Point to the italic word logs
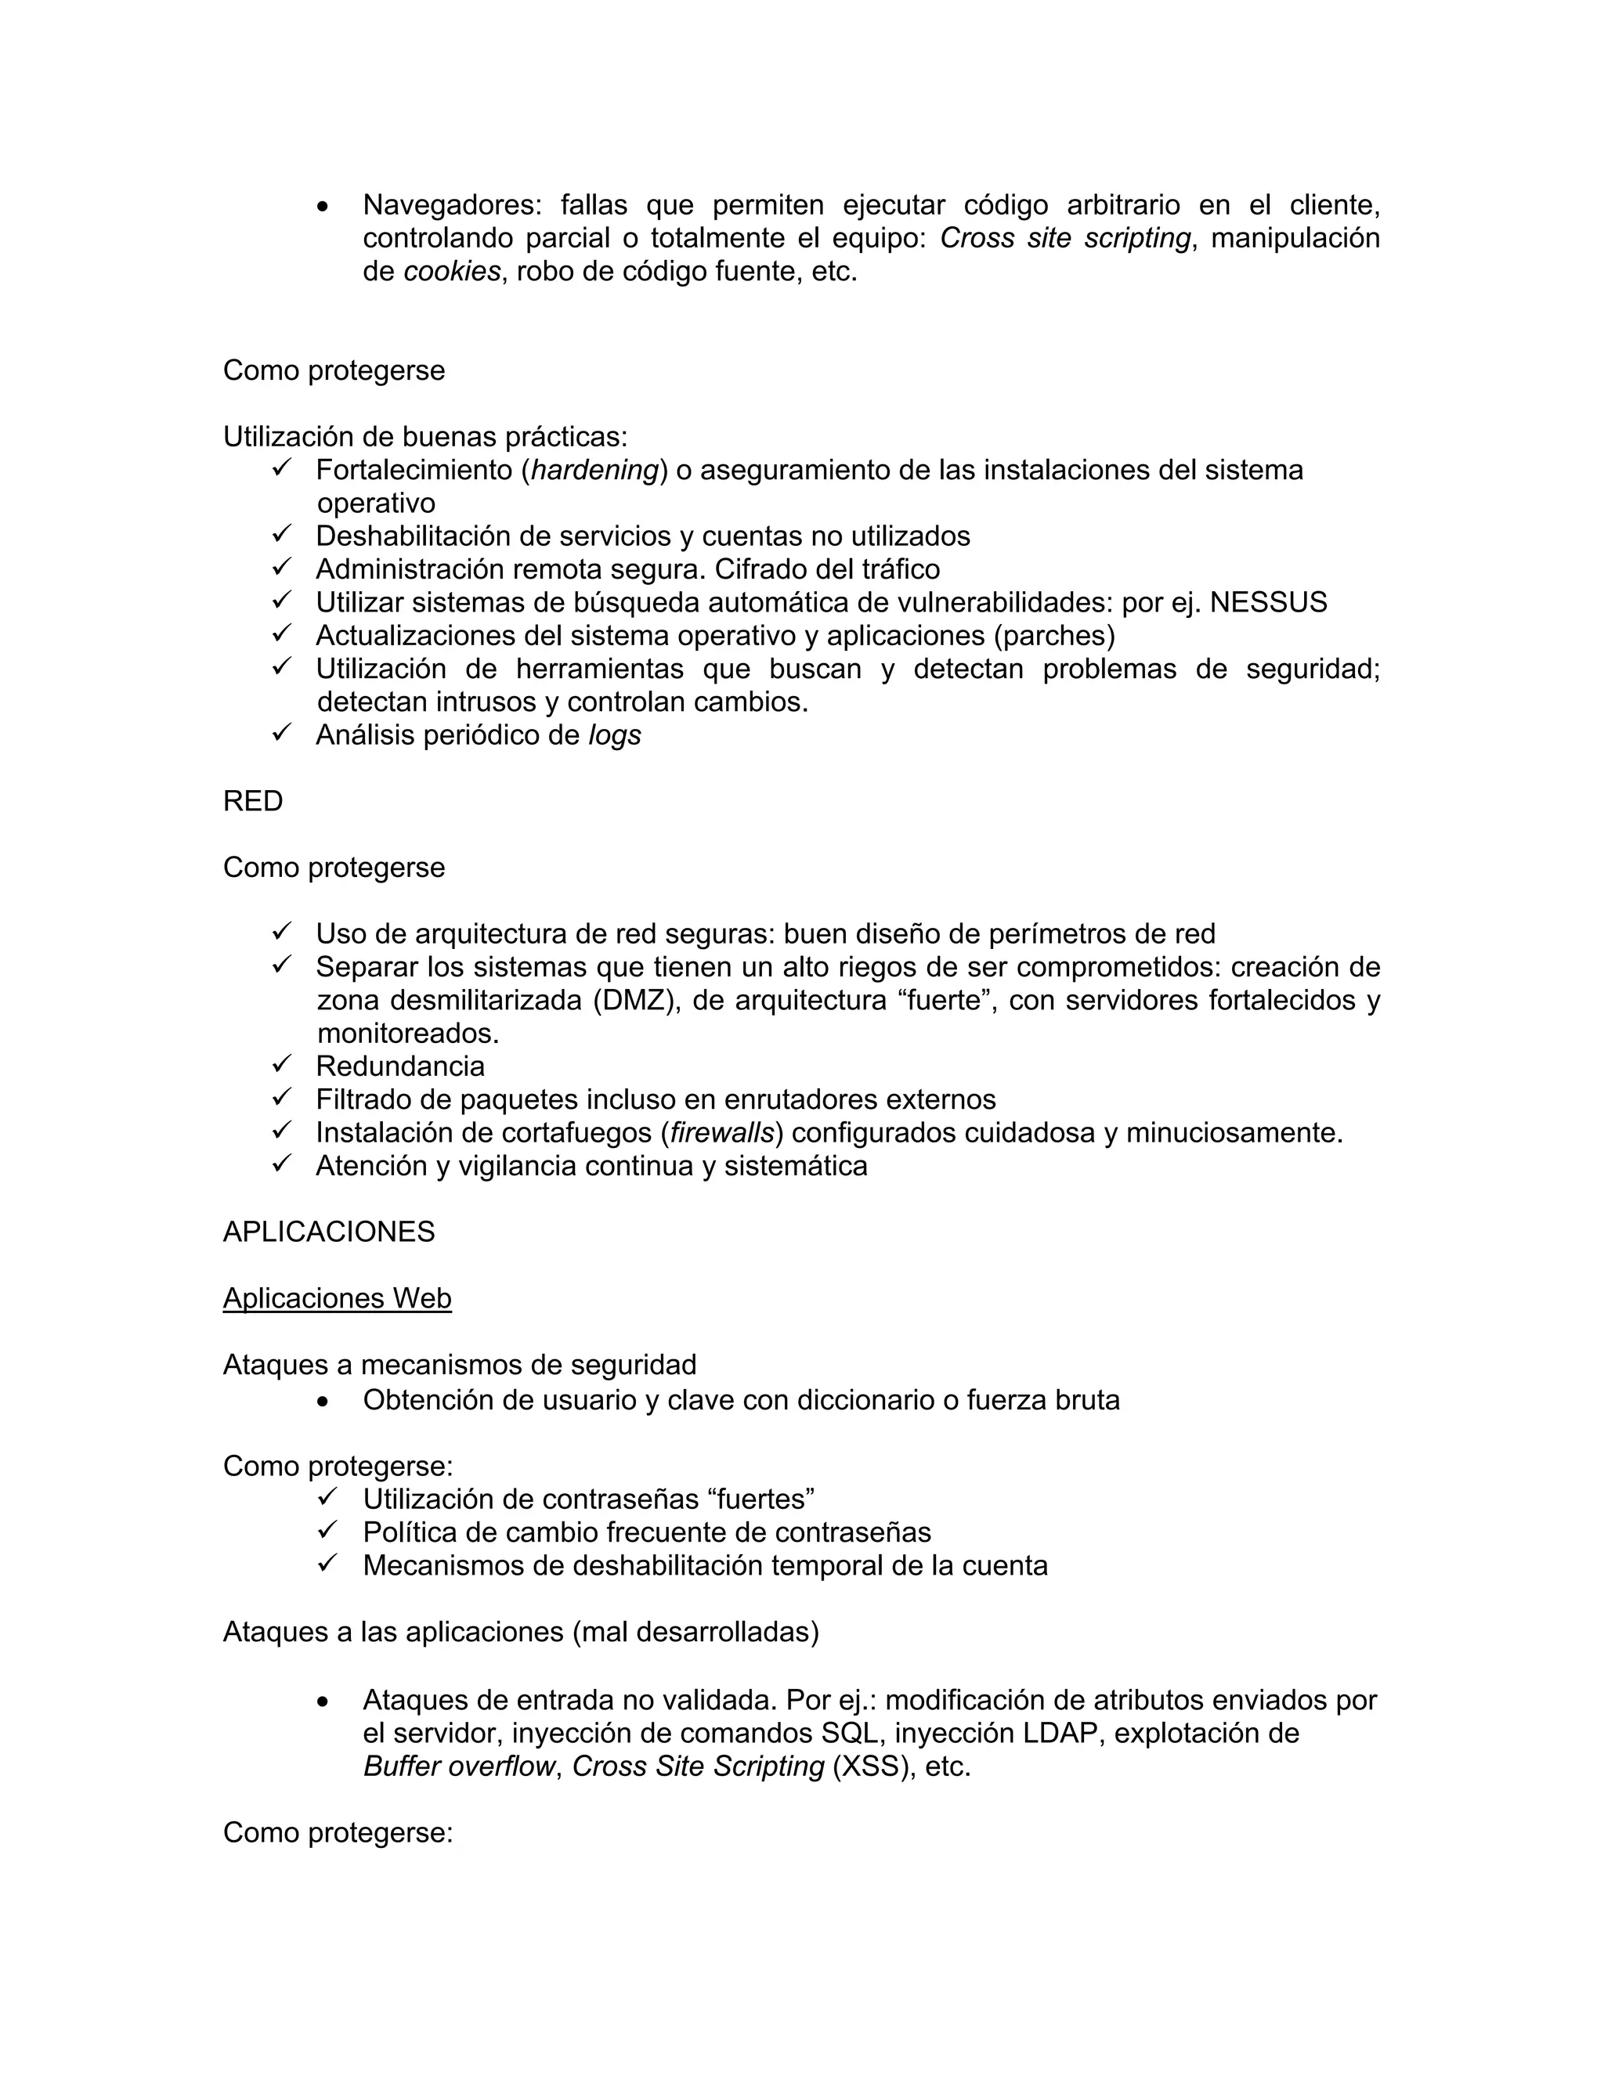(x=614, y=734)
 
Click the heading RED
(x=253, y=801)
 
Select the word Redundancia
(x=400, y=1066)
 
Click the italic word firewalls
(x=722, y=1132)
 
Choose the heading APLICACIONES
(x=329, y=1232)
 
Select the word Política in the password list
(x=410, y=1532)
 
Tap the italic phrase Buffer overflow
(x=459, y=1766)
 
